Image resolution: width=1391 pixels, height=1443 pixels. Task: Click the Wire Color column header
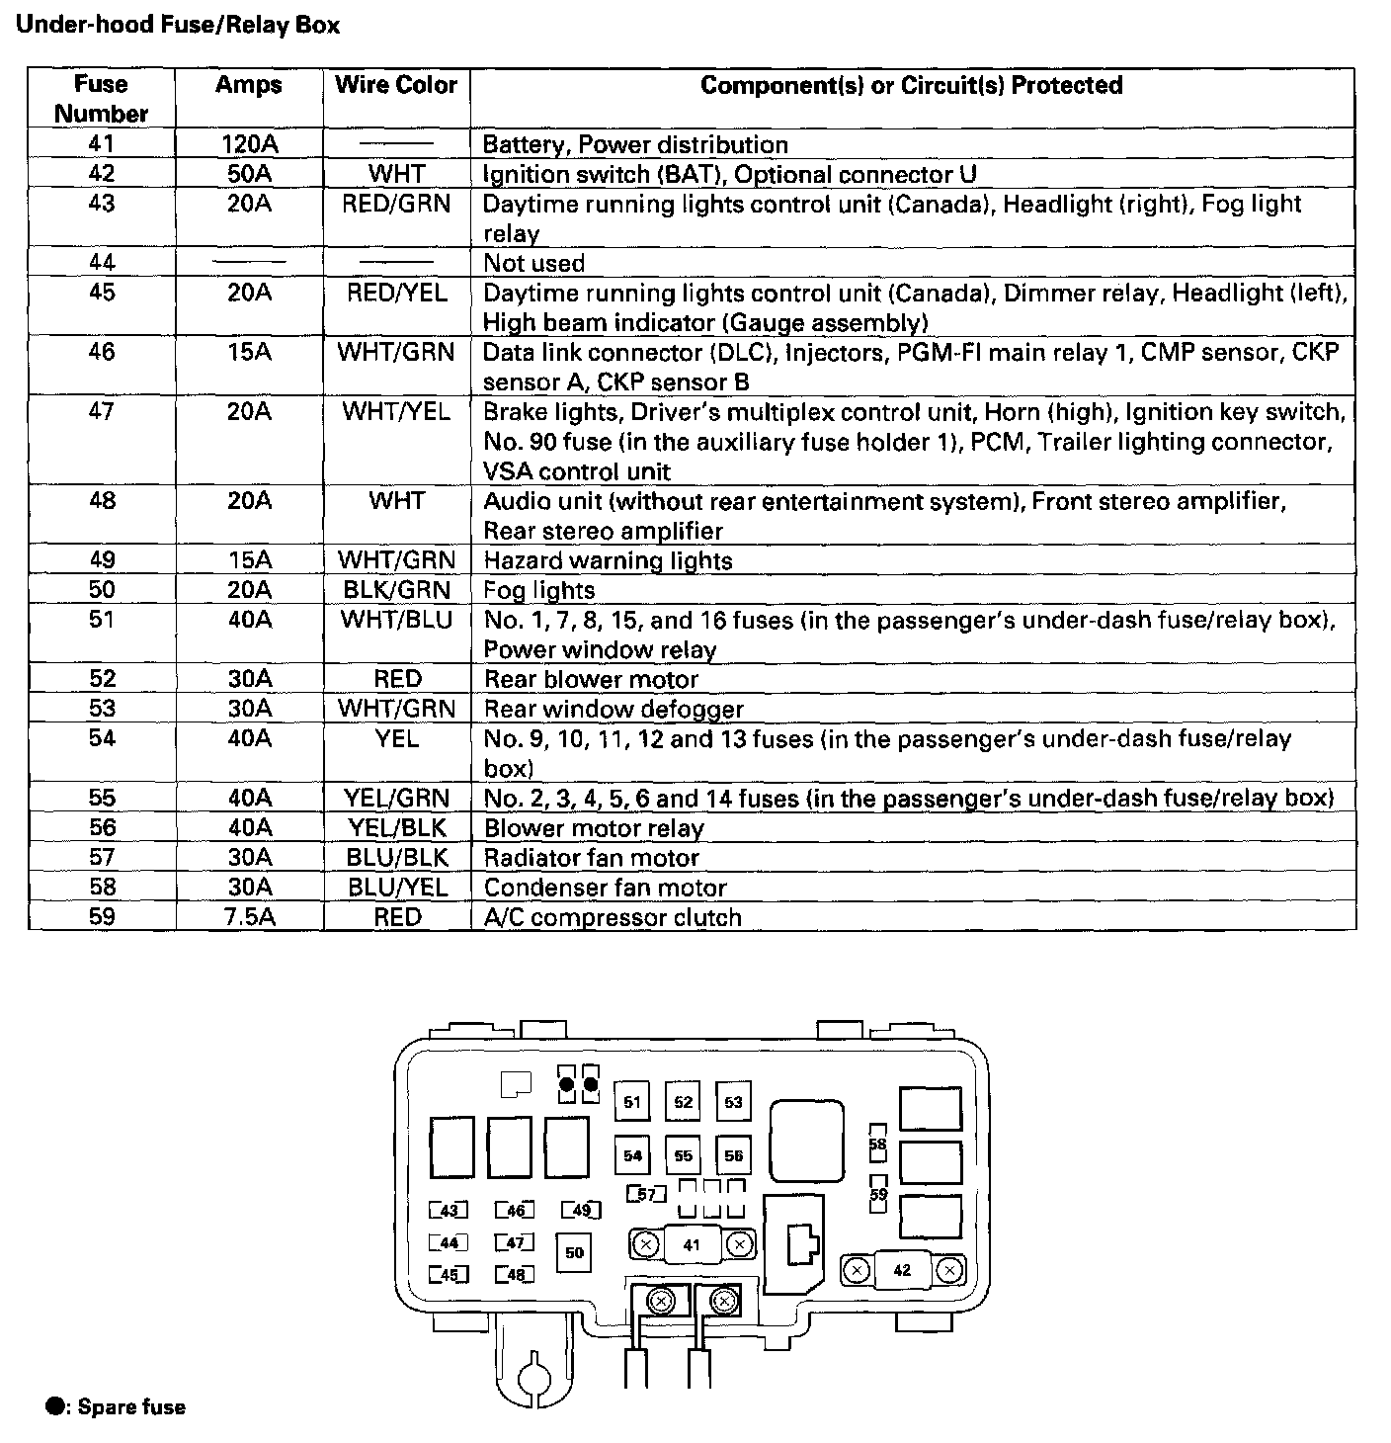396,85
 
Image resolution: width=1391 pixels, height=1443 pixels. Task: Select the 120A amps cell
249,144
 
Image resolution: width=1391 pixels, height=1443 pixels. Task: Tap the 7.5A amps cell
249,917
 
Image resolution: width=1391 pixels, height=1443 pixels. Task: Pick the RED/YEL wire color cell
396,294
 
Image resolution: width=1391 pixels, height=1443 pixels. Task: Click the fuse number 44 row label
102,263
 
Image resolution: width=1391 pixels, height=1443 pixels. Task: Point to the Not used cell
533,264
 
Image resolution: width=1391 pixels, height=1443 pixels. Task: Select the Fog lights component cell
539,591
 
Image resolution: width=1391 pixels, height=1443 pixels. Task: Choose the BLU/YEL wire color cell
396,888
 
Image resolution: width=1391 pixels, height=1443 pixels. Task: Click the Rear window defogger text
614,710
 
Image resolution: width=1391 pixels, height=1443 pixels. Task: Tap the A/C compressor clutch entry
613,917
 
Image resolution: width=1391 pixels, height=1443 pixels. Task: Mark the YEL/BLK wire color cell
396,828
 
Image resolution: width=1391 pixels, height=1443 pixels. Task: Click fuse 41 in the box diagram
692,1244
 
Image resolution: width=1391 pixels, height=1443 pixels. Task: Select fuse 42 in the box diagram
902,1270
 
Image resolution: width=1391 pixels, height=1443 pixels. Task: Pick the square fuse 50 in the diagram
575,1253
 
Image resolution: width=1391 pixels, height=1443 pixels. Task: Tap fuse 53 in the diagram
733,1102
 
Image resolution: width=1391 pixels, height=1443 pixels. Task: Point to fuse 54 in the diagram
632,1155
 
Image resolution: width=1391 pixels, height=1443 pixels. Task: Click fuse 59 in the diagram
878,1194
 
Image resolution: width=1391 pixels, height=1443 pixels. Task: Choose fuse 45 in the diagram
449,1275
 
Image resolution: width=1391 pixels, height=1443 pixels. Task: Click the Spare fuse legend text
131,1406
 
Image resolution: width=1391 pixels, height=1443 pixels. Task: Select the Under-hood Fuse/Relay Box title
178,25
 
